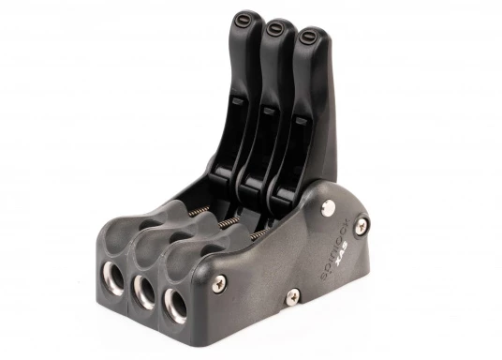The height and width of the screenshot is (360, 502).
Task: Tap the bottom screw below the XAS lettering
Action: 292,295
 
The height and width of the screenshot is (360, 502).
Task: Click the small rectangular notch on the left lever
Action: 237,101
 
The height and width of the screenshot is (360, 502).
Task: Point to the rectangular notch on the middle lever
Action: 268,112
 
